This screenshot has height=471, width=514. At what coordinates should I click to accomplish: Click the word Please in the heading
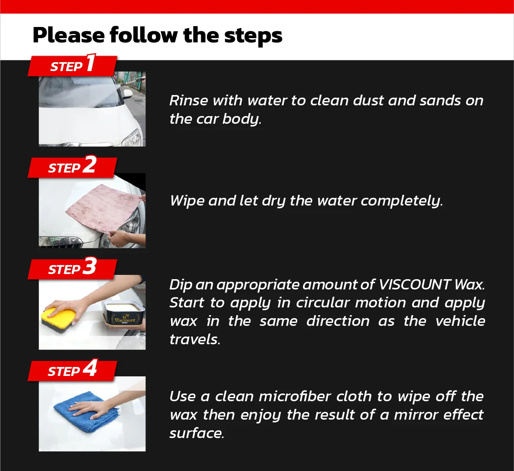[68, 35]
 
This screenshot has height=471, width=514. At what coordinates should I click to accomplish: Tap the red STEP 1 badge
[72, 66]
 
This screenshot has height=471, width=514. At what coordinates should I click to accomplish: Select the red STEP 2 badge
[72, 167]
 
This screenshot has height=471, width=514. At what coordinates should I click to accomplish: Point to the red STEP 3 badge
[72, 269]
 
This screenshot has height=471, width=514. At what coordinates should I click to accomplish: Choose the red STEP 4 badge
[72, 370]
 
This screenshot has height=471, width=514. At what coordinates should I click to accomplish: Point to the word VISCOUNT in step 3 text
[414, 285]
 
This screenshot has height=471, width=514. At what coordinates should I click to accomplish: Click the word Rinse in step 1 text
[188, 100]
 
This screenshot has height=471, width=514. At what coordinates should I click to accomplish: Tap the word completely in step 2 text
[401, 201]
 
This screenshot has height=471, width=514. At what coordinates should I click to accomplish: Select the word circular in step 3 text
[323, 303]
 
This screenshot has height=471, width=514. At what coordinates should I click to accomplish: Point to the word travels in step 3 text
[195, 340]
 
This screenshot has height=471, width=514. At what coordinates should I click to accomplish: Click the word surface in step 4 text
[197, 433]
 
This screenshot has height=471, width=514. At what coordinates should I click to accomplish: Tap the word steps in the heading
[253, 36]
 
